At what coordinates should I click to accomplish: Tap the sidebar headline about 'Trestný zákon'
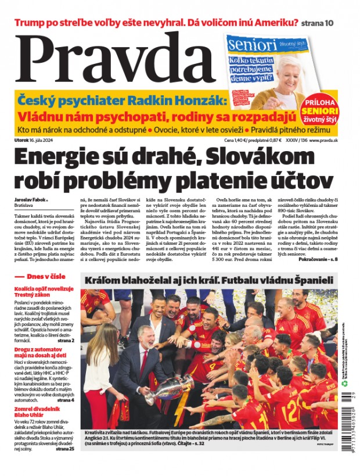pos(44,291)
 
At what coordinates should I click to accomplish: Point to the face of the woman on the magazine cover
pos(288,70)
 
